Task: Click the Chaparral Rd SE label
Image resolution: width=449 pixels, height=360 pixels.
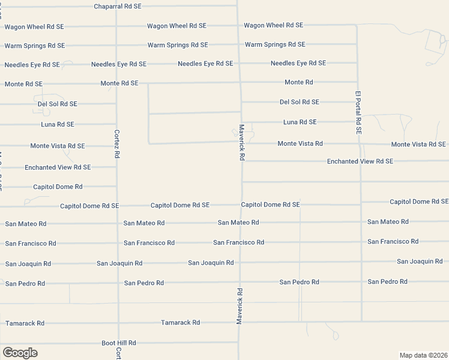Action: (118, 6)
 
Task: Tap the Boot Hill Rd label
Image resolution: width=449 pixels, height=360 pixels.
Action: (119, 343)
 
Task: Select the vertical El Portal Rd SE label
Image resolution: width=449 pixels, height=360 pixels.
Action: (358, 112)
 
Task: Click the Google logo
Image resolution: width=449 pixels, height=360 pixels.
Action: (20, 353)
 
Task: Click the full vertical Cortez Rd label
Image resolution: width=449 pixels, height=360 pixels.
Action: (117, 143)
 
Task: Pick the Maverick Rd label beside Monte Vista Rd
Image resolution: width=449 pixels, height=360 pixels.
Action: (242, 142)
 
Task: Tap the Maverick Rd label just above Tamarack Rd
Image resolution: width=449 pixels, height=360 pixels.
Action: (239, 306)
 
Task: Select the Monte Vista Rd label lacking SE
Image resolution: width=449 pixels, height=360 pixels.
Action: (300, 143)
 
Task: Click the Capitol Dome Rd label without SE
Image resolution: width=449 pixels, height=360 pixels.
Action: (58, 187)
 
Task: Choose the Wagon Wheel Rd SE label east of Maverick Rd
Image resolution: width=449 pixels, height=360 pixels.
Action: (273, 25)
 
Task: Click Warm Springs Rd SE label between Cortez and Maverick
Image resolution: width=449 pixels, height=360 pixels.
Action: (178, 45)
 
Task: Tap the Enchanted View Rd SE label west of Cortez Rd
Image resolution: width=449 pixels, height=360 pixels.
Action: (58, 167)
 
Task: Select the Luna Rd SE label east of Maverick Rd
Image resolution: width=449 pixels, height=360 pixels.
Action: (300, 122)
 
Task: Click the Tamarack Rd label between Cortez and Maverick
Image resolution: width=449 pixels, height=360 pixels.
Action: (180, 323)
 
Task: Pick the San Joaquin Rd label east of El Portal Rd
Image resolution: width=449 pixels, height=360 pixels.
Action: (420, 262)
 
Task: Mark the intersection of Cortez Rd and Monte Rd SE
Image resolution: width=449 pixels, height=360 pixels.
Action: (116, 83)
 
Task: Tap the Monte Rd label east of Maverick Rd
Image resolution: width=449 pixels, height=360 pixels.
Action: (298, 82)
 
